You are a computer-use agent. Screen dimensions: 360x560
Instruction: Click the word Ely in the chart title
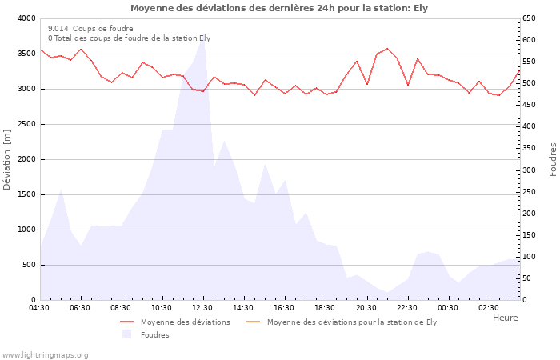[420, 8]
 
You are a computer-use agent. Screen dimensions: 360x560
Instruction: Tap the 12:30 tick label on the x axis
[202, 308]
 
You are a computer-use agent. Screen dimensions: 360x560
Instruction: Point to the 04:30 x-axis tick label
[39, 308]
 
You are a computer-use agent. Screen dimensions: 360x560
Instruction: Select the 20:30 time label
[366, 308]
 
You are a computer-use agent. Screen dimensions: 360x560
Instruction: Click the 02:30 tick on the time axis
[489, 308]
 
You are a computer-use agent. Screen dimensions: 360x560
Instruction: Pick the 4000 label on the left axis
[26, 18]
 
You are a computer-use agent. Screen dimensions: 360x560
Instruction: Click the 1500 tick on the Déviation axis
[26, 194]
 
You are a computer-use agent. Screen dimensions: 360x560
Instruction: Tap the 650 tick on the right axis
[530, 18]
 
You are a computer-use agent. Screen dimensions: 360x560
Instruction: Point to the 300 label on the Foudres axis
[530, 170]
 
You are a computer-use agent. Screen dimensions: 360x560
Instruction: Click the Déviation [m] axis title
[7, 159]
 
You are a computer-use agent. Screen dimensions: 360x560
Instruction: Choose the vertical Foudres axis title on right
[553, 159]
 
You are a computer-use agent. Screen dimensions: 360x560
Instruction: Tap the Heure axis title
[505, 318]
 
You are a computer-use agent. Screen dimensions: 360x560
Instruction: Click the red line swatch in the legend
[126, 322]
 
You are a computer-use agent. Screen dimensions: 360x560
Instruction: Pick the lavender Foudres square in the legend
[126, 334]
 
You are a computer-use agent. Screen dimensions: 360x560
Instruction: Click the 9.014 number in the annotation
[58, 28]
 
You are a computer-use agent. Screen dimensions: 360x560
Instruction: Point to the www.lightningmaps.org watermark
[45, 354]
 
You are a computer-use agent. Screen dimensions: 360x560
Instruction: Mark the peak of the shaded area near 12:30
[202, 37]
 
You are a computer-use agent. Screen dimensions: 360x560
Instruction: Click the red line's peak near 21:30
[387, 49]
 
